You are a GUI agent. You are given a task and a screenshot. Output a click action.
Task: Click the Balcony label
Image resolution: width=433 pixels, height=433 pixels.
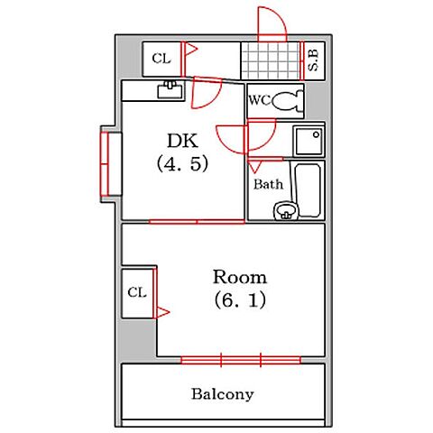223,394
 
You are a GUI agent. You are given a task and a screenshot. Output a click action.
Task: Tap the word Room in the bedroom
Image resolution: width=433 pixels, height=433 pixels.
240,277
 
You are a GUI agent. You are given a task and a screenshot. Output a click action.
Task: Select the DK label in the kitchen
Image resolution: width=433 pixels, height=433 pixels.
182,141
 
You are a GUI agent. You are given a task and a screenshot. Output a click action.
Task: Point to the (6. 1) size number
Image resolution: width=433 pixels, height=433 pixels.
240,300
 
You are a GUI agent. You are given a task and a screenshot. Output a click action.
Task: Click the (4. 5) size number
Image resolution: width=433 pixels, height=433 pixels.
182,163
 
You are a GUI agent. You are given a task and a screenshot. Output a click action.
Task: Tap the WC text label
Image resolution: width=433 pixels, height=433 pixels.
260,100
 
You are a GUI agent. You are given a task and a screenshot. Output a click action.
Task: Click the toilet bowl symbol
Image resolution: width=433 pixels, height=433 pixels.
288,101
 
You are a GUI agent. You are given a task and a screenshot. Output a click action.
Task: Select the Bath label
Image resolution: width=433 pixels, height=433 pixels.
268,184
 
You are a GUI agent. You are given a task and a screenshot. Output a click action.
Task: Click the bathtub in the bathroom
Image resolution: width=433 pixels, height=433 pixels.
308,190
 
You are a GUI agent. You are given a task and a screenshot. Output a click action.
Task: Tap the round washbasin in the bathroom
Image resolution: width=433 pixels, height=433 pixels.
285,211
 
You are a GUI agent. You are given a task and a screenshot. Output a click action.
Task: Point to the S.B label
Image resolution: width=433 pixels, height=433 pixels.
314,60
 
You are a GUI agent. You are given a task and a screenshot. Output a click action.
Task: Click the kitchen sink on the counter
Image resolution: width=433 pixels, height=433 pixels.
170,90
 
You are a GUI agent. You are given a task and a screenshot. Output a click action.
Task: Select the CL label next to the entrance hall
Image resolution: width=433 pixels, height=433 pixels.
161,59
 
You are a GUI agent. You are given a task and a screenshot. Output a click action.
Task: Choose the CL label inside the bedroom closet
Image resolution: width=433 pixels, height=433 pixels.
137,292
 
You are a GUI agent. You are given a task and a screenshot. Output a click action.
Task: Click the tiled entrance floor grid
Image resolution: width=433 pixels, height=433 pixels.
271,60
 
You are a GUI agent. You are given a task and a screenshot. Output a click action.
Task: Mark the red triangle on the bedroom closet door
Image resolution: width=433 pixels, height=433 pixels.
162,313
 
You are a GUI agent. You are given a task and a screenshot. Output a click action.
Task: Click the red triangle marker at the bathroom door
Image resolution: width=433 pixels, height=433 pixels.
255,167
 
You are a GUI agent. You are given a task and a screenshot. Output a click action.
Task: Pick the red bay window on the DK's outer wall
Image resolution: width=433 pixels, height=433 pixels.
106,164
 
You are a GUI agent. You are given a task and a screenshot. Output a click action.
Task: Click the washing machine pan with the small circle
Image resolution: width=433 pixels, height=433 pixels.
309,141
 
